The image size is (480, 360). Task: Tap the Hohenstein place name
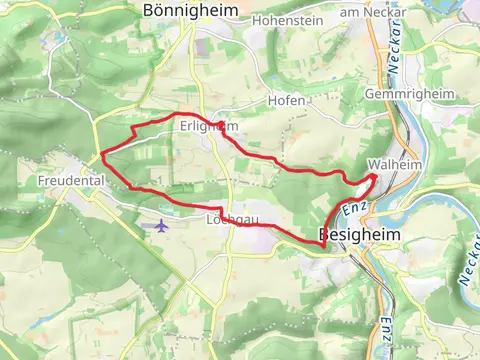288,19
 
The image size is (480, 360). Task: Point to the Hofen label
287,102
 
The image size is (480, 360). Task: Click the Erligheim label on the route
209,127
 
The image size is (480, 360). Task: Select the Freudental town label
72,181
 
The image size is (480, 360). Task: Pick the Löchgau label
225,219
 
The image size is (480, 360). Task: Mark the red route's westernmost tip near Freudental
102,155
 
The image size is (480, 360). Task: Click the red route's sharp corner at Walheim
376,176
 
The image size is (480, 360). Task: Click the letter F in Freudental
41,181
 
